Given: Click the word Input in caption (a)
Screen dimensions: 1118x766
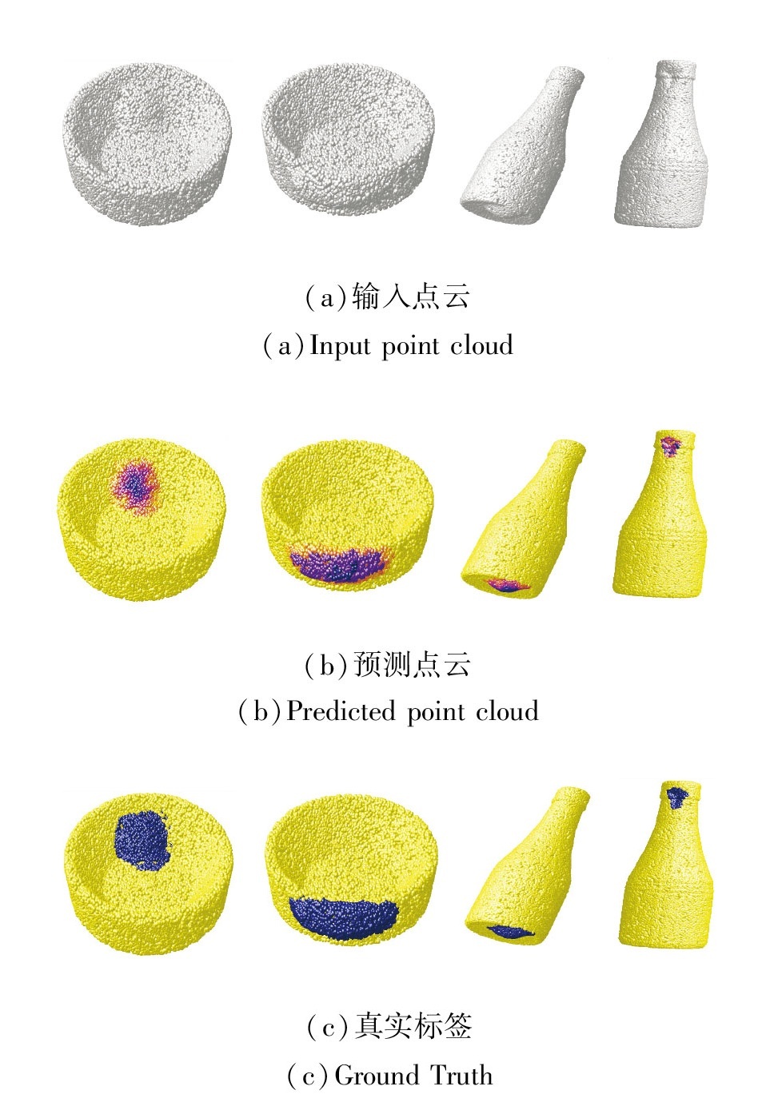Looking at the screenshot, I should point(340,347).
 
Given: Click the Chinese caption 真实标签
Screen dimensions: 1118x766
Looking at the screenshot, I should point(413,1026).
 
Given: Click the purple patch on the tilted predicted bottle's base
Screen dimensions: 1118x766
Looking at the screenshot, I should point(509,586).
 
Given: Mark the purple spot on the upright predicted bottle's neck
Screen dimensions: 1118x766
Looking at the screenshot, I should point(669,444).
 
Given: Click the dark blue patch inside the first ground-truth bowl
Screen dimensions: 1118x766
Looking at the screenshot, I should point(142,840).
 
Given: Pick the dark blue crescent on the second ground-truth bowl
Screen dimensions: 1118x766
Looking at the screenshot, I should point(344,917).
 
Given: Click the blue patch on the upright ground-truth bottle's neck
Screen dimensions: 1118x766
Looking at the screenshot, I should point(677,796).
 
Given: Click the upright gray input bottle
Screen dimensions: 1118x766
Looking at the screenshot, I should point(662,148).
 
